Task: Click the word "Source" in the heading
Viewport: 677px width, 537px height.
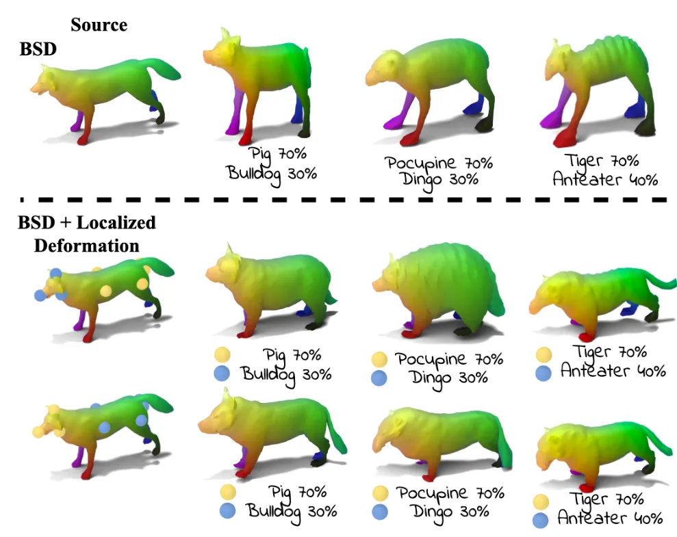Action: (x=99, y=25)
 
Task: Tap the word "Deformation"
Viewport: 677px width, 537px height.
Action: (x=87, y=245)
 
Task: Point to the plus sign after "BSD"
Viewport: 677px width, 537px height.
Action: (x=64, y=223)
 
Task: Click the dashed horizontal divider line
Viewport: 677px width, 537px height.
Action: (x=342, y=199)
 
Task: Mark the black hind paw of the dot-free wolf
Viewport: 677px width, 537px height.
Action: (x=160, y=119)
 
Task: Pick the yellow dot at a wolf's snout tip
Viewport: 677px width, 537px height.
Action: (x=39, y=432)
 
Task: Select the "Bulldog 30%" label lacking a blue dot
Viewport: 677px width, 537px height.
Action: (x=272, y=172)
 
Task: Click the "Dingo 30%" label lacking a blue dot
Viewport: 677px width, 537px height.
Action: (x=436, y=182)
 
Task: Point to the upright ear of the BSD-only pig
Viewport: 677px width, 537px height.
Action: (x=224, y=38)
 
